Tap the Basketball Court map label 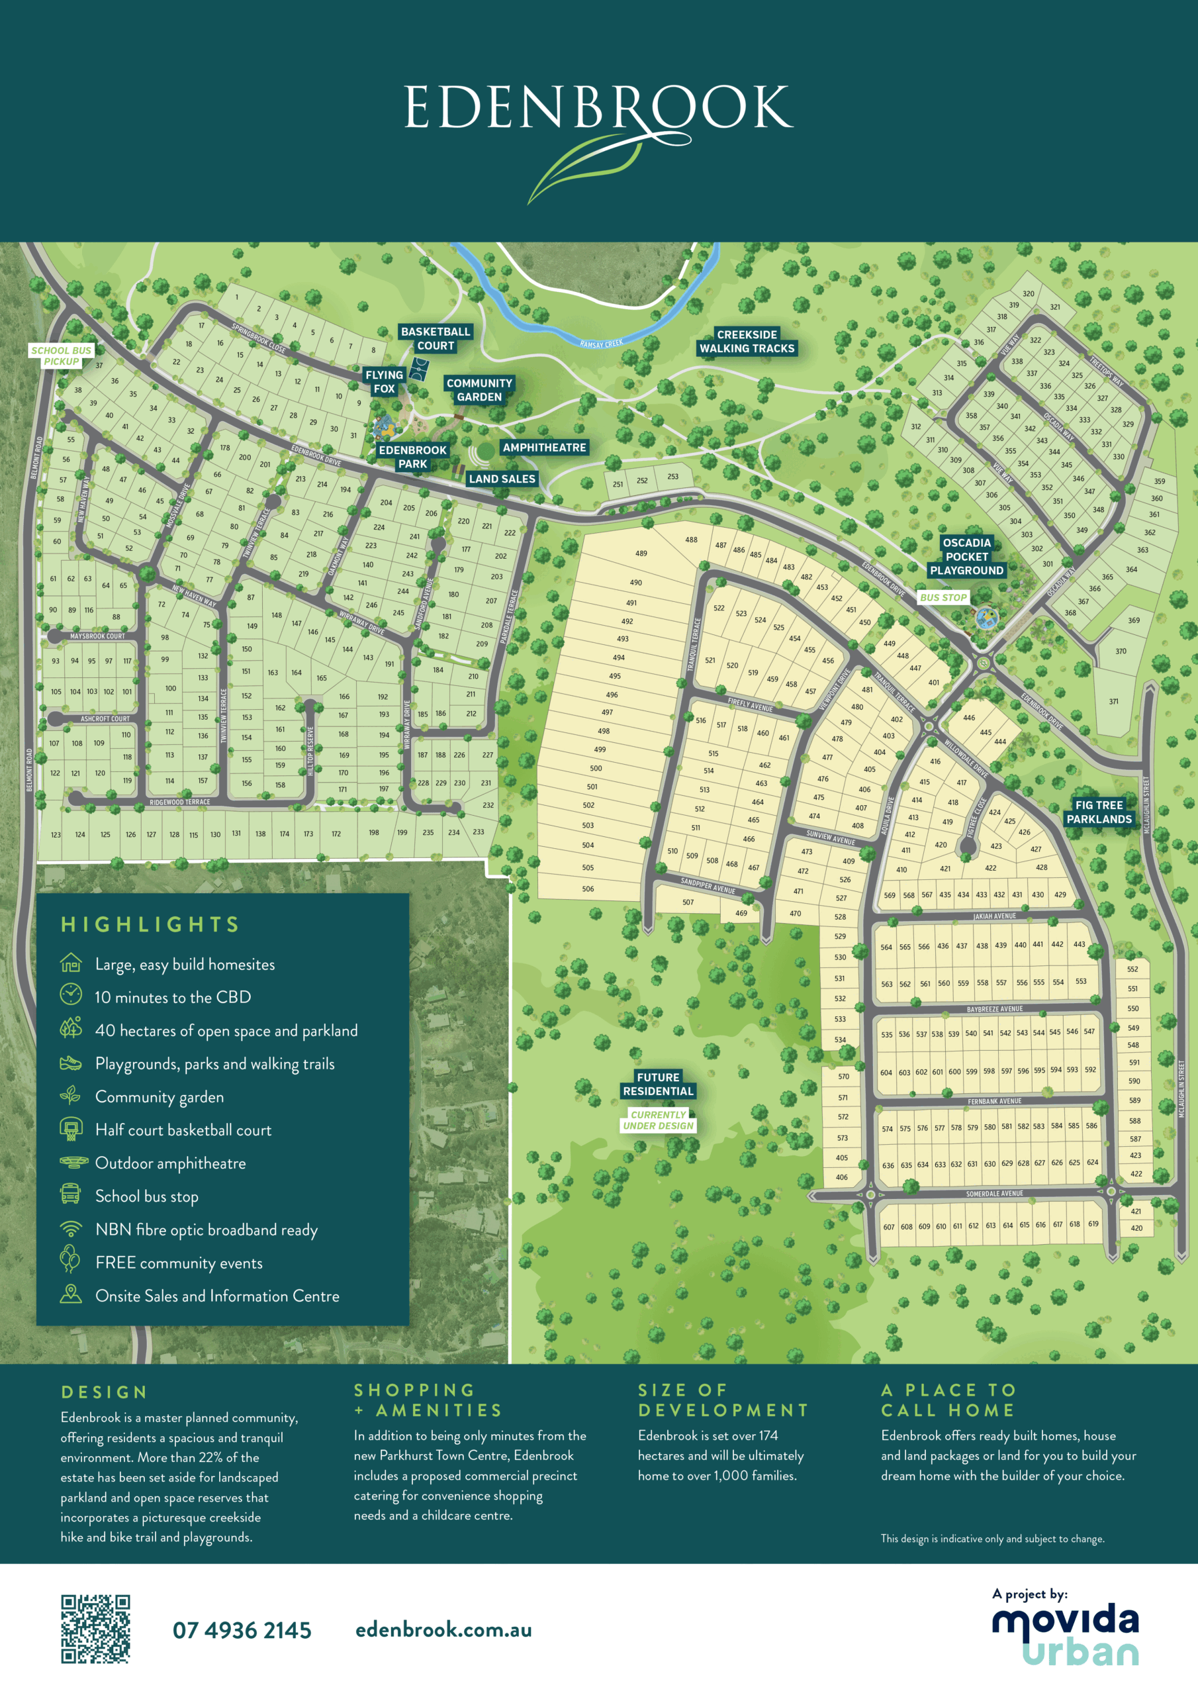[436, 338]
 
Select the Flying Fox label [384, 381]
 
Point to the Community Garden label [479, 390]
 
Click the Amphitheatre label [544, 448]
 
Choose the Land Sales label [502, 479]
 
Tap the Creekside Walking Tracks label [747, 341]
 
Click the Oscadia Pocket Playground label [966, 556]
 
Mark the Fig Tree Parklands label [1098, 811]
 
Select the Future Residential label [658, 1084]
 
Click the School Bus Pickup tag [62, 356]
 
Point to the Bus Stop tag [943, 597]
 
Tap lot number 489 [641, 553]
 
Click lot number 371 [1113, 701]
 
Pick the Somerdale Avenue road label [994, 1193]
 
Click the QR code [95, 1629]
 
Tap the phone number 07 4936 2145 [242, 1630]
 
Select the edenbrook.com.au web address [443, 1629]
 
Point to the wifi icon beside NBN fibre [71, 1229]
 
